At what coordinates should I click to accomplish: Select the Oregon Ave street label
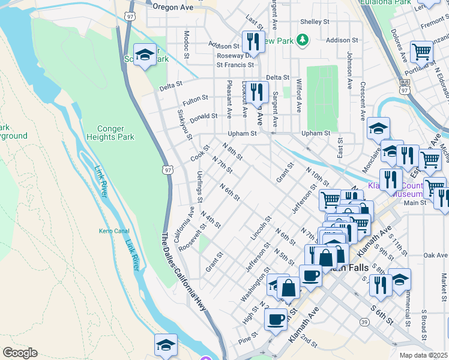pyautogui.click(x=173, y=7)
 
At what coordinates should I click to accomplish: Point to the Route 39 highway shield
pyautogui.click(x=364, y=322)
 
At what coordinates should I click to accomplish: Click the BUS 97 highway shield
pyautogui.click(x=405, y=86)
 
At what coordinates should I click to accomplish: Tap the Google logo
pyautogui.click(x=20, y=353)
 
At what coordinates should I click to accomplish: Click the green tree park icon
pyautogui.click(x=304, y=40)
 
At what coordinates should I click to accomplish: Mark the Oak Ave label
pyautogui.click(x=436, y=255)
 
